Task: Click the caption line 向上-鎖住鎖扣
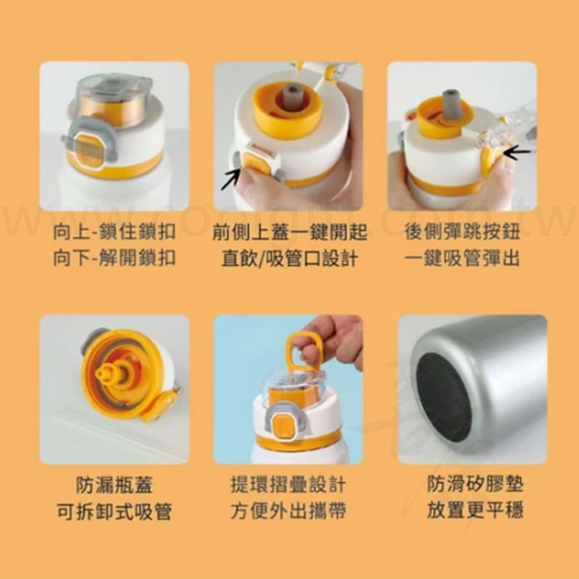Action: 114,232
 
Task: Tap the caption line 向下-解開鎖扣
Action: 114,258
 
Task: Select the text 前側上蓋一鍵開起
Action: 290,232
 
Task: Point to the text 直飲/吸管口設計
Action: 290,258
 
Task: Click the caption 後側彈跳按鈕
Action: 462,232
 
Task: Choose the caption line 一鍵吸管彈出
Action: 462,258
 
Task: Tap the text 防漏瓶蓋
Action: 114,485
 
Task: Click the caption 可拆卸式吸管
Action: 114,512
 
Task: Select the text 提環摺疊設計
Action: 289,485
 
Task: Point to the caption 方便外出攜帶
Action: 289,512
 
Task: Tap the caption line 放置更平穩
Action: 476,510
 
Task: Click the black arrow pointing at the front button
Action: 230,179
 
